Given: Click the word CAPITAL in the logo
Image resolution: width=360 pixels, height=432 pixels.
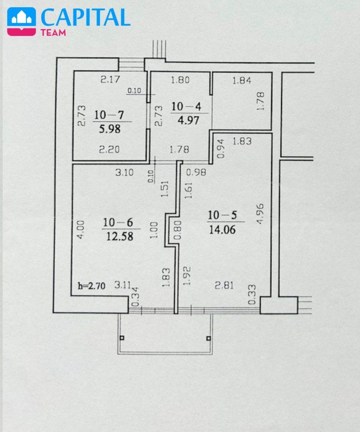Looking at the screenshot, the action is click(x=85, y=17).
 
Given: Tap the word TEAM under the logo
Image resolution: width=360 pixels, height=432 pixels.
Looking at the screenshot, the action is click(x=53, y=33).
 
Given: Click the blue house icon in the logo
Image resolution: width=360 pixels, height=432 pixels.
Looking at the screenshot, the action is click(x=22, y=18).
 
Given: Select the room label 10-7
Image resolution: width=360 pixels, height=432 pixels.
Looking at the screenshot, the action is click(x=109, y=115).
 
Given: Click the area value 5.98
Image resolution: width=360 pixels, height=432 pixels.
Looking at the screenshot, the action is click(x=109, y=129).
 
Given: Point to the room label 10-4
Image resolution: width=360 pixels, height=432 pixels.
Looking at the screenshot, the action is click(x=186, y=107).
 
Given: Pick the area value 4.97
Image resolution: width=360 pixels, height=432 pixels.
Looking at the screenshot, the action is click(x=189, y=120).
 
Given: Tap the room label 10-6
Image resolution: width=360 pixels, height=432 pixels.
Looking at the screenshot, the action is click(x=118, y=222).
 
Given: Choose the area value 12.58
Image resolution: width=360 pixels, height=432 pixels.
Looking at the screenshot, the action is click(x=120, y=236).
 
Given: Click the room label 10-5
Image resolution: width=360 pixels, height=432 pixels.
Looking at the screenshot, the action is click(x=222, y=215).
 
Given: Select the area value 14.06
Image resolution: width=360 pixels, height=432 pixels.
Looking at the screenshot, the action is click(x=222, y=229).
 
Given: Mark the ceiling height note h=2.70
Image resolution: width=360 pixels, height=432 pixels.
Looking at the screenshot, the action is click(x=92, y=286).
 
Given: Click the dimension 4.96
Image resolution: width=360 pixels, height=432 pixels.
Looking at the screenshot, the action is click(x=260, y=214).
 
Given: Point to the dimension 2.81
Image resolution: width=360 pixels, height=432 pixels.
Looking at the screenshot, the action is click(x=224, y=285).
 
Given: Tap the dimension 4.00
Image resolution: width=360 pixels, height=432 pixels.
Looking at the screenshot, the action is click(x=81, y=229).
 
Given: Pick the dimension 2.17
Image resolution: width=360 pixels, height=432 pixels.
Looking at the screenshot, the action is click(x=110, y=79).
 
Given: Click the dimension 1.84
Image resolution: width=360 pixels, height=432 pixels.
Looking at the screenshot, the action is click(x=242, y=81).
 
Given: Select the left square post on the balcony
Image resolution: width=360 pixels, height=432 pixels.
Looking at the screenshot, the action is click(x=122, y=338).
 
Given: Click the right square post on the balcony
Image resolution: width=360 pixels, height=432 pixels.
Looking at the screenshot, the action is click(x=208, y=338).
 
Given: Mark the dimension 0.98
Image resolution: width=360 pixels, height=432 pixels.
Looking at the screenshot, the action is click(x=196, y=172).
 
